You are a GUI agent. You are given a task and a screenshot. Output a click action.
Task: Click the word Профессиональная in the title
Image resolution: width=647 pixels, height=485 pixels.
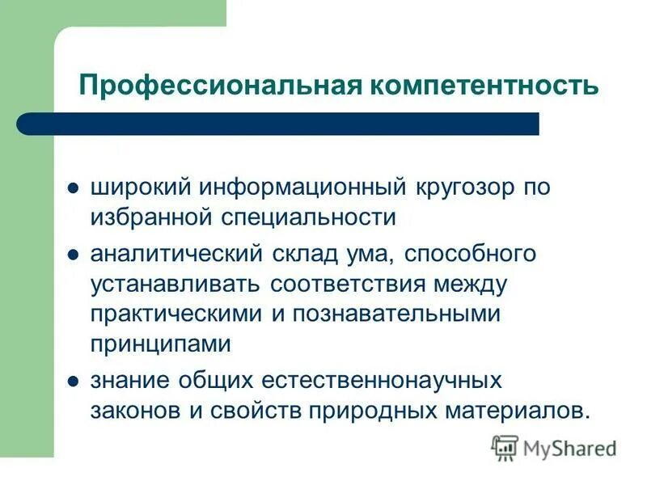point(216,85)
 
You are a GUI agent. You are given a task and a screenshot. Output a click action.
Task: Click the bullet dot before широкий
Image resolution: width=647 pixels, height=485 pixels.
point(73,188)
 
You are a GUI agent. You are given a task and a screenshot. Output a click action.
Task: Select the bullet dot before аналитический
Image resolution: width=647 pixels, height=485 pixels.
point(73,255)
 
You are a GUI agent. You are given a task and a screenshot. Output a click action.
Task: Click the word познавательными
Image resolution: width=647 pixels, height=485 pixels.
point(402,314)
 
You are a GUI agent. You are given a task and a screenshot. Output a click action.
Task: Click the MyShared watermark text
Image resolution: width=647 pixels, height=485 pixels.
point(570,448)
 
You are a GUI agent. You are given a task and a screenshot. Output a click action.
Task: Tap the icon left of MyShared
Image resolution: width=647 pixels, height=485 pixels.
point(505,447)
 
